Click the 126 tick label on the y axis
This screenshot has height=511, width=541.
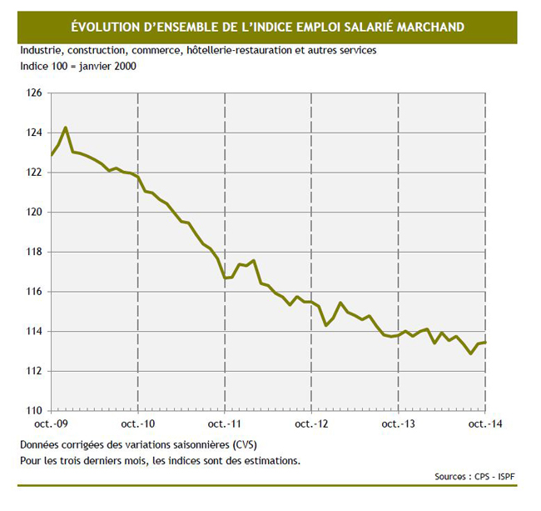pyautogui.click(x=35, y=93)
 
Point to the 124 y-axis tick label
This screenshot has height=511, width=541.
pyautogui.click(x=35, y=133)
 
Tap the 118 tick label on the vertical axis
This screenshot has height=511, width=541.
pyautogui.click(x=35, y=252)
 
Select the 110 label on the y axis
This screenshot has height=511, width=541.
pyautogui.click(x=35, y=410)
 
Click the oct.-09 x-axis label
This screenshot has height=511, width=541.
pyautogui.click(x=52, y=424)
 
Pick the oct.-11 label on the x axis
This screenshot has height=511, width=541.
pyautogui.click(x=225, y=424)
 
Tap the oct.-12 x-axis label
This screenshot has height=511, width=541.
pyautogui.click(x=311, y=424)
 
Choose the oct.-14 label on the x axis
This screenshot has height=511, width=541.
pyautogui.click(x=485, y=424)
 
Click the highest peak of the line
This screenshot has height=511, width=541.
pyautogui.click(x=65, y=128)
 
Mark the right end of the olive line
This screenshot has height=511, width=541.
pyautogui.click(x=485, y=343)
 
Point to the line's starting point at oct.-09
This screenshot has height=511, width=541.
pyautogui.click(x=52, y=155)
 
